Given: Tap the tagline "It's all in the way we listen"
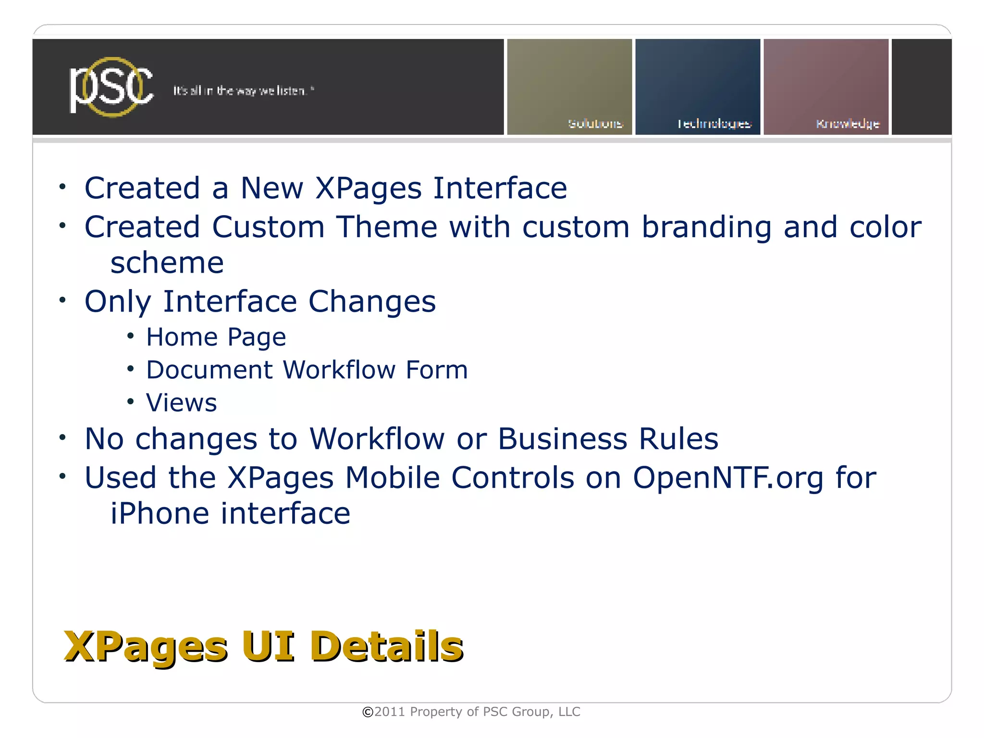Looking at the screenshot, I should (x=243, y=91).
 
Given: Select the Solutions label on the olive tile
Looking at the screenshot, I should (x=595, y=124).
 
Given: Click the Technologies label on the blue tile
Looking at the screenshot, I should (x=714, y=124).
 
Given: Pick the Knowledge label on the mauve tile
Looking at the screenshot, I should (x=848, y=124).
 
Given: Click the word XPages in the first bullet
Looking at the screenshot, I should (x=369, y=188).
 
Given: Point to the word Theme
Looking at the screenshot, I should (x=386, y=227).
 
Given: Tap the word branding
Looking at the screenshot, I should (x=706, y=227).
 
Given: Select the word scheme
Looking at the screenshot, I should (x=167, y=263).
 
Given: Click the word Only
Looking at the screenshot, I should (x=118, y=302).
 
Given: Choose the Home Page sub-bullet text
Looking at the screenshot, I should (x=216, y=337).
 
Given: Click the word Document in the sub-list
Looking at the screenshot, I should (x=209, y=370).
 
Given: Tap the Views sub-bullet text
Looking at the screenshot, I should (x=182, y=403).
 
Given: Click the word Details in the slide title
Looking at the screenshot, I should (x=386, y=646).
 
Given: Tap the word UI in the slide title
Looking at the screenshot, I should (x=268, y=646).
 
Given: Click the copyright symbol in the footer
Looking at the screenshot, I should (x=368, y=712).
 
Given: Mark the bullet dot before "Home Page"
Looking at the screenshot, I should (x=130, y=336).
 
